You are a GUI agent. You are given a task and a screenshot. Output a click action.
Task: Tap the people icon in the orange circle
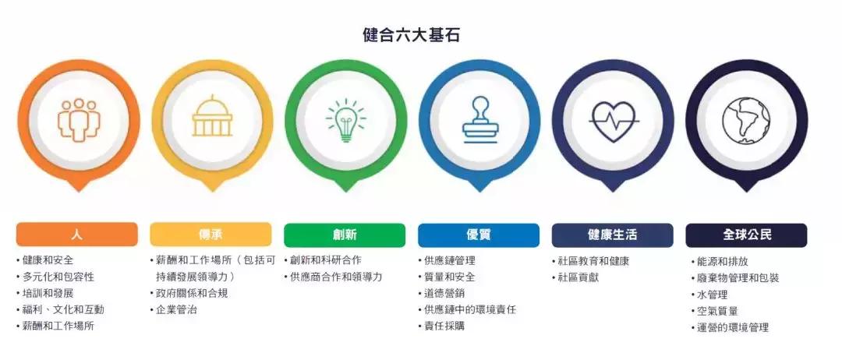pyautogui.click(x=78, y=120)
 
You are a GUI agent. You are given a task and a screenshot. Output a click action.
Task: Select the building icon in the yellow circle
pyautogui.click(x=212, y=119)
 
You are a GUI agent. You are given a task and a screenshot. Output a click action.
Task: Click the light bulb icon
pyautogui.click(x=345, y=121)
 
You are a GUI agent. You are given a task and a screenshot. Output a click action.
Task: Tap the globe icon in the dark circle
pyautogui.click(x=746, y=121)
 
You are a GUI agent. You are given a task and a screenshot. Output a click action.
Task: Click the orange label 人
pyautogui.click(x=76, y=235)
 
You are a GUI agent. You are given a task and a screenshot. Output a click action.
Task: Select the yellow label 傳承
pyautogui.click(x=210, y=235)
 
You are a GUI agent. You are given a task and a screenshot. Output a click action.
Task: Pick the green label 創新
pyautogui.click(x=345, y=235)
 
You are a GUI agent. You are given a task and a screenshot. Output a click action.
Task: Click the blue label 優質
pyautogui.click(x=478, y=235)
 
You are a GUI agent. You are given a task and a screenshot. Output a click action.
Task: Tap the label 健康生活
pyautogui.click(x=612, y=235)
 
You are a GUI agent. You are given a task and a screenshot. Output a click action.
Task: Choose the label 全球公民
pyautogui.click(x=746, y=235)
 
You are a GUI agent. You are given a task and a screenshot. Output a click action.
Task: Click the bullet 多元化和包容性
pyautogui.click(x=58, y=277)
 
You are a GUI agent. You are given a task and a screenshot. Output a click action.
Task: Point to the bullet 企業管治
pyautogui.click(x=176, y=309)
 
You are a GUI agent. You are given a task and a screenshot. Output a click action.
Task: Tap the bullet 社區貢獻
pyautogui.click(x=578, y=277)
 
